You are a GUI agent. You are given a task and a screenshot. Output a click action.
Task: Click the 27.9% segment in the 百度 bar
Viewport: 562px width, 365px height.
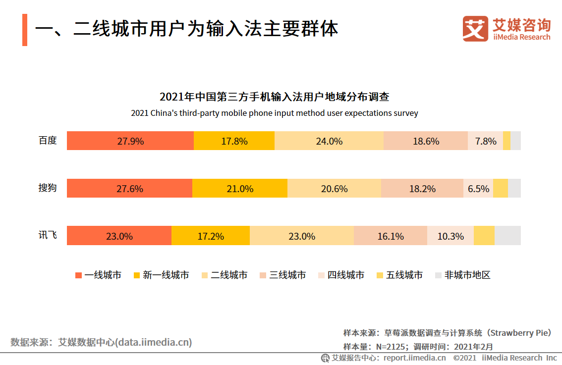[130, 141]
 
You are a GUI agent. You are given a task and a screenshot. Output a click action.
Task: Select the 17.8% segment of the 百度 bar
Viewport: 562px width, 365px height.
[234, 141]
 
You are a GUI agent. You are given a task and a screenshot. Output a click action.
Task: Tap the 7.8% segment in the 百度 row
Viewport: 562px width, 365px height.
[485, 141]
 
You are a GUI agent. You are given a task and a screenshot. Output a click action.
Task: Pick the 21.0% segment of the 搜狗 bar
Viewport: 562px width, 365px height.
[240, 189]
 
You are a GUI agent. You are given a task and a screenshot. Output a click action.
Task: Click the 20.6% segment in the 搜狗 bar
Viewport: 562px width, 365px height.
[334, 189]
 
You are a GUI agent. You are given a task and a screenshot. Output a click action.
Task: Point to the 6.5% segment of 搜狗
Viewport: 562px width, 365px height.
[478, 189]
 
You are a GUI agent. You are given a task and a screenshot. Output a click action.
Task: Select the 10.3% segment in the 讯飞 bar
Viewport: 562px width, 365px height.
[450, 236]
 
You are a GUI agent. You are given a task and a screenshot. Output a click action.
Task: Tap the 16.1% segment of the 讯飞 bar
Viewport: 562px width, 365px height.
[391, 236]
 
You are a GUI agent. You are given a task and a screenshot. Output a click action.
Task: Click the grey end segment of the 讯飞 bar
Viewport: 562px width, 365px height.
[507, 236]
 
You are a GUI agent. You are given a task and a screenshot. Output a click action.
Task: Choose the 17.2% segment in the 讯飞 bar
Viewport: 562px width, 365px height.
[211, 236]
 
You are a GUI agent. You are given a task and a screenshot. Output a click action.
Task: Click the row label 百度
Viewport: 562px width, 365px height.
[48, 141]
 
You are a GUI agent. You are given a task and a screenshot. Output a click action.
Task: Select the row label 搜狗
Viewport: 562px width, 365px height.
[48, 188]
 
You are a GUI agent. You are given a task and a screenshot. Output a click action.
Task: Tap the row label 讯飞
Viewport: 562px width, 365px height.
[48, 235]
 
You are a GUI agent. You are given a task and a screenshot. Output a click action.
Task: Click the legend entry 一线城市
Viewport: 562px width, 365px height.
[98, 275]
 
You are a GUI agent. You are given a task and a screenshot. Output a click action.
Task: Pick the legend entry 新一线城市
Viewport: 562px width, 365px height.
[161, 275]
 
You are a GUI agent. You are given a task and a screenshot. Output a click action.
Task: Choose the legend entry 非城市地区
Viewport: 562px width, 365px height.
[462, 275]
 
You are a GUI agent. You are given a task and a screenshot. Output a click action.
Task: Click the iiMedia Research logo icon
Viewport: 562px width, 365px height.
[475, 29]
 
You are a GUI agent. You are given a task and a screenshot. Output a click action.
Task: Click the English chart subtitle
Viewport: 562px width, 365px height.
[275, 113]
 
